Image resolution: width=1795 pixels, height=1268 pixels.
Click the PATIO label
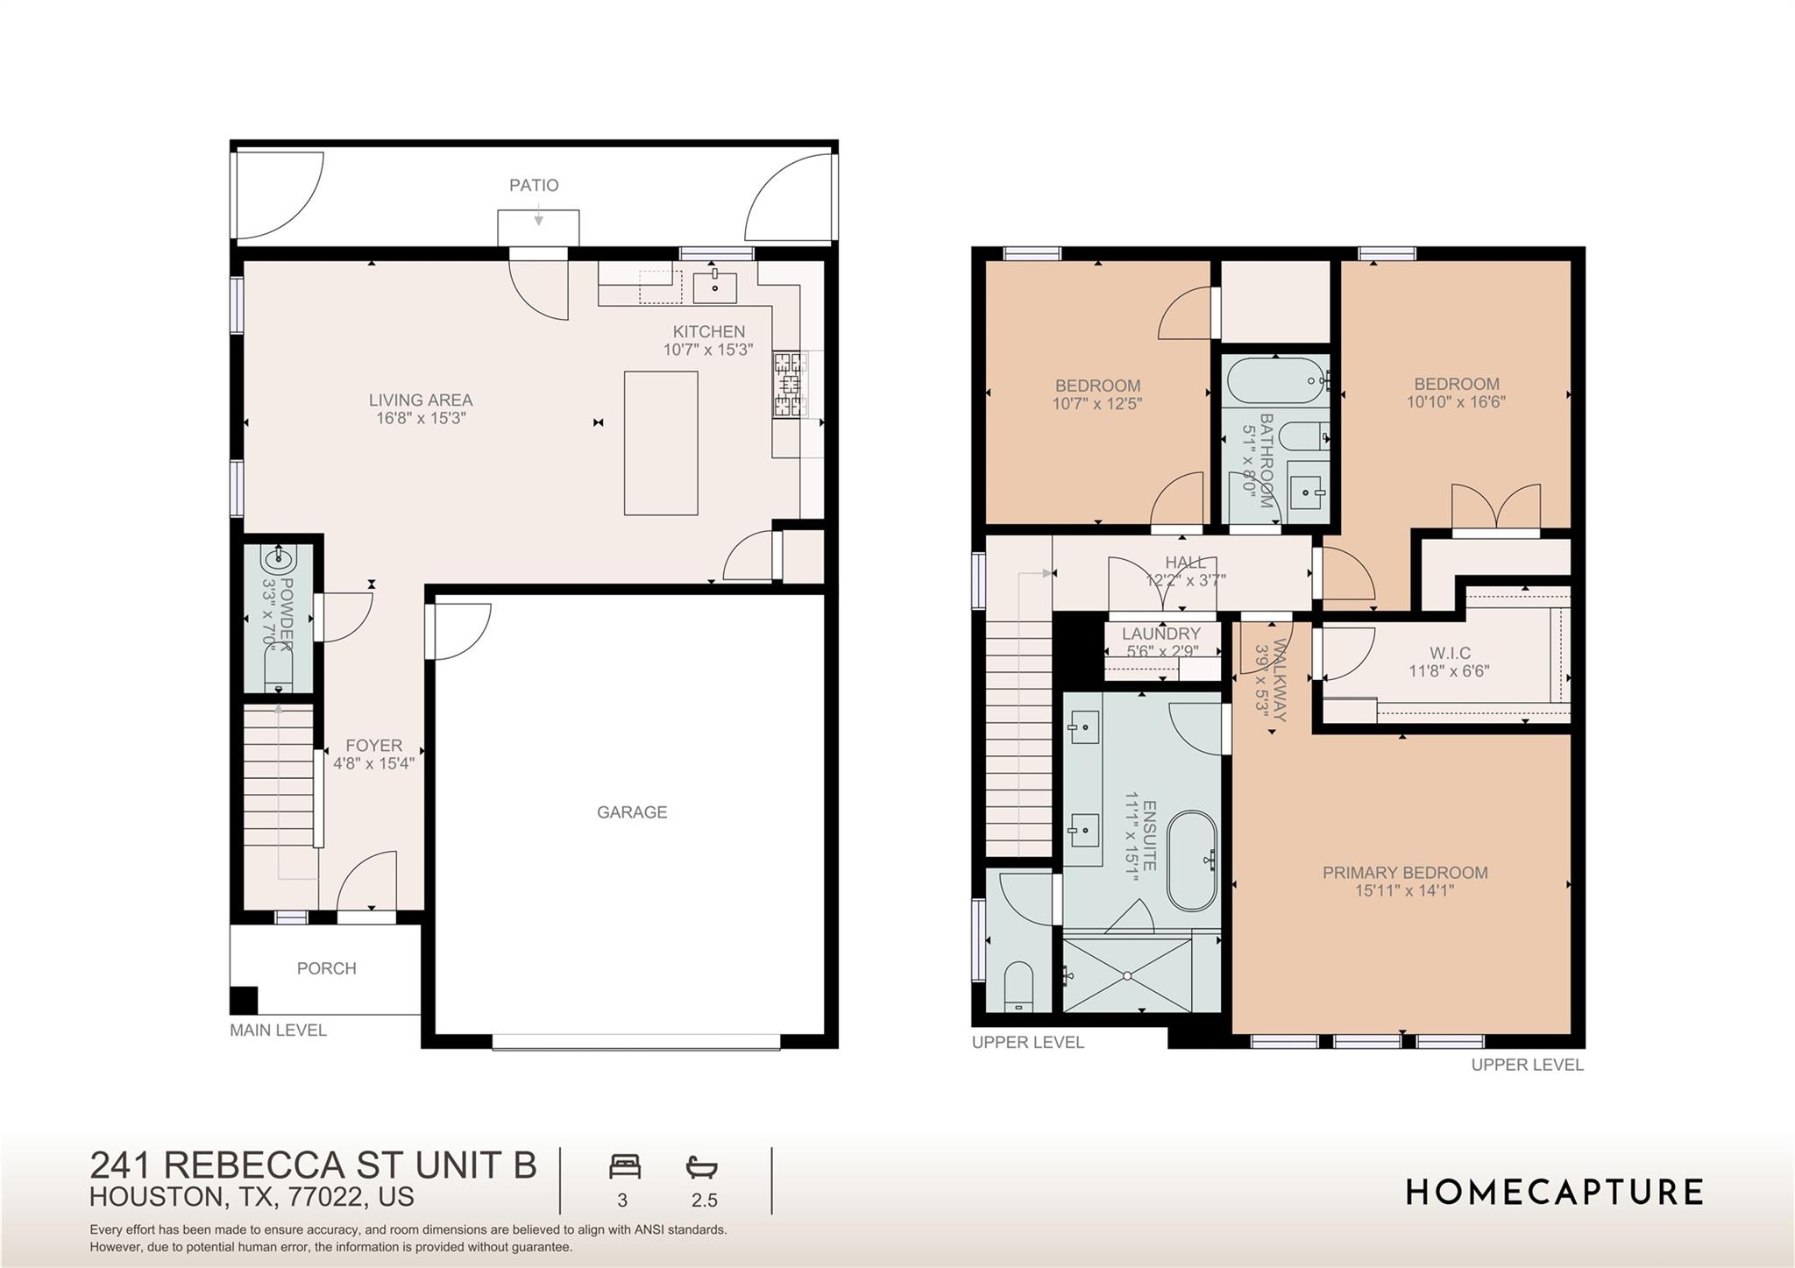[534, 186]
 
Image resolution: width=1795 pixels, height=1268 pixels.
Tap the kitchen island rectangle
[661, 443]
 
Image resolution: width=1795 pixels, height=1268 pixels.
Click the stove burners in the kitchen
[789, 383]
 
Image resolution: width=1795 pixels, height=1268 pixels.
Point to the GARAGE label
[632, 812]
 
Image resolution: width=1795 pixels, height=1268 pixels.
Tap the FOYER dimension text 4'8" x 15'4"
[373, 763]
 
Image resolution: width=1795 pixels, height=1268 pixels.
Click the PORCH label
[326, 968]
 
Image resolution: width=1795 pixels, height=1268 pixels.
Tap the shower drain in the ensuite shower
[1127, 975]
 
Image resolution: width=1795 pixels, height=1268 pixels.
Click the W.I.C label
[1450, 653]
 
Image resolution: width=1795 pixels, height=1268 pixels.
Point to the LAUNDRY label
[1160, 634]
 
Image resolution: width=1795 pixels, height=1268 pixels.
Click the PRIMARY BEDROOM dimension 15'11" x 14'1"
[1404, 891]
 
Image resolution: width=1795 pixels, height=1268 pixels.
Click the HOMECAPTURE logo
[1555, 1193]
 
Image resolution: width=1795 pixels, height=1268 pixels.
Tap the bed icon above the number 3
[625, 1167]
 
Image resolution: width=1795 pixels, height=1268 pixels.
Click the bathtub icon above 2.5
[701, 1167]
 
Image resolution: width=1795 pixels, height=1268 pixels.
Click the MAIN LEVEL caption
[278, 1031]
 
